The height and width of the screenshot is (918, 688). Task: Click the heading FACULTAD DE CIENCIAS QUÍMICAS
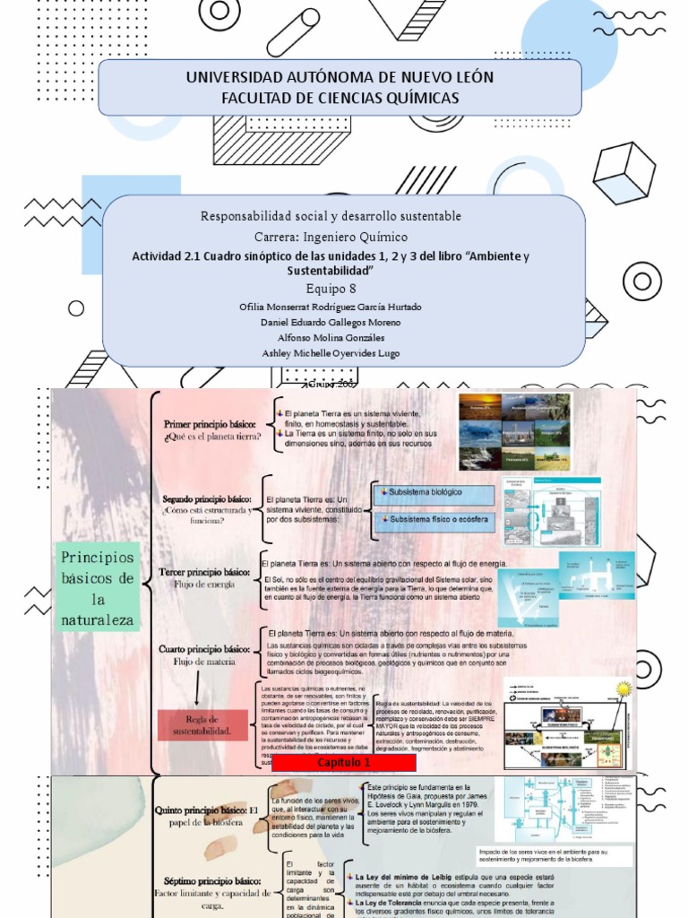(x=340, y=98)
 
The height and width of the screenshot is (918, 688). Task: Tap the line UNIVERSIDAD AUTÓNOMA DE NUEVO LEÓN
(x=340, y=78)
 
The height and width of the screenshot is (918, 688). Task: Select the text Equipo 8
(x=331, y=288)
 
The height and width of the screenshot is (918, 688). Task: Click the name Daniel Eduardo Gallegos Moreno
(x=331, y=322)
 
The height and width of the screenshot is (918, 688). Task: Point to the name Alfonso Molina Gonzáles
(x=331, y=337)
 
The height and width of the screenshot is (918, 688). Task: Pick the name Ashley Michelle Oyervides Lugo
(x=331, y=353)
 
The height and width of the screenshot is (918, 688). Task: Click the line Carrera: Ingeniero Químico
(x=331, y=237)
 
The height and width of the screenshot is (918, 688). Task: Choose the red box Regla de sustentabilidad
(x=202, y=725)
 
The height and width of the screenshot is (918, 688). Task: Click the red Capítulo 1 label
(x=343, y=762)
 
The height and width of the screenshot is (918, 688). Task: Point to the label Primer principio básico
(x=211, y=422)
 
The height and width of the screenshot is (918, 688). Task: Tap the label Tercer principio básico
(x=204, y=571)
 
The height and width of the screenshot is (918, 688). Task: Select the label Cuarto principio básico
(x=204, y=648)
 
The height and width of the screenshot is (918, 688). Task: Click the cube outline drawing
(x=623, y=171)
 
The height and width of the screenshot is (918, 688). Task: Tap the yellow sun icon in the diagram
(x=623, y=688)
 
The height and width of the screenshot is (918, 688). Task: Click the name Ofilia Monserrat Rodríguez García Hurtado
(x=331, y=307)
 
